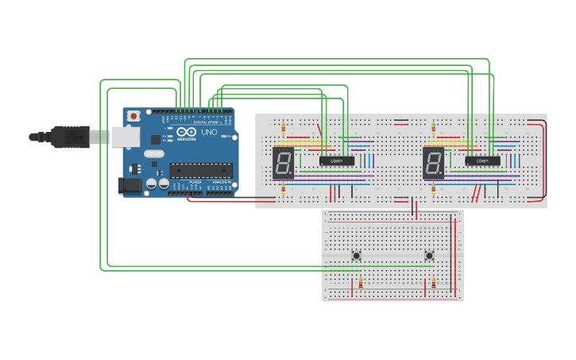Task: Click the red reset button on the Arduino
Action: tap(133, 116)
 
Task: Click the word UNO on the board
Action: tap(209, 133)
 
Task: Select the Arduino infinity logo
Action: tap(186, 133)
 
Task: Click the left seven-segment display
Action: tap(284, 162)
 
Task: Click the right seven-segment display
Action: tap(433, 162)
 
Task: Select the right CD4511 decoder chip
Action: tap(482, 161)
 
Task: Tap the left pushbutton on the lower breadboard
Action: tap(357, 255)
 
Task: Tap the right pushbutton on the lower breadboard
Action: tap(429, 255)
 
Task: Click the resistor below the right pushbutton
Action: tap(433, 284)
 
